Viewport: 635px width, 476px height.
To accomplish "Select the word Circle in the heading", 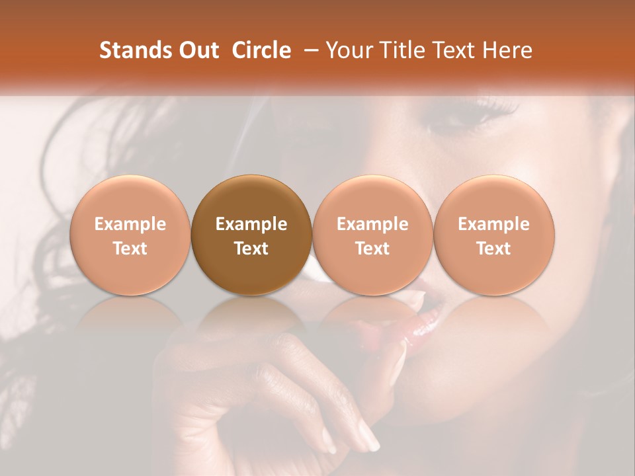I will [x=261, y=50].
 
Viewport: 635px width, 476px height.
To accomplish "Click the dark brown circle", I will [x=251, y=235].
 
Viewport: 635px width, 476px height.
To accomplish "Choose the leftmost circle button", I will [x=130, y=235].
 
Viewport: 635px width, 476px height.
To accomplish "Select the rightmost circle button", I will [x=494, y=235].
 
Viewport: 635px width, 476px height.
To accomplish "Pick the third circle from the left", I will [x=372, y=235].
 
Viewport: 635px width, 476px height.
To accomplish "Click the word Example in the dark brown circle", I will [x=251, y=224].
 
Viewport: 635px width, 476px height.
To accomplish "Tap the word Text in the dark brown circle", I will [x=251, y=249].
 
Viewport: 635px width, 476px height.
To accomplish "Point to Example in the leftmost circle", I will [x=130, y=224].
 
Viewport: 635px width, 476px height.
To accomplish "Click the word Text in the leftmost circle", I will [x=130, y=249].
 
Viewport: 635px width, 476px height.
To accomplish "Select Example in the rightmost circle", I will [x=494, y=224].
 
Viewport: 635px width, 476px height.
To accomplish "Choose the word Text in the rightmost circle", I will [x=494, y=249].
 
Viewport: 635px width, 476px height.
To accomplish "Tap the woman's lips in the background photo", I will [x=423, y=324].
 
